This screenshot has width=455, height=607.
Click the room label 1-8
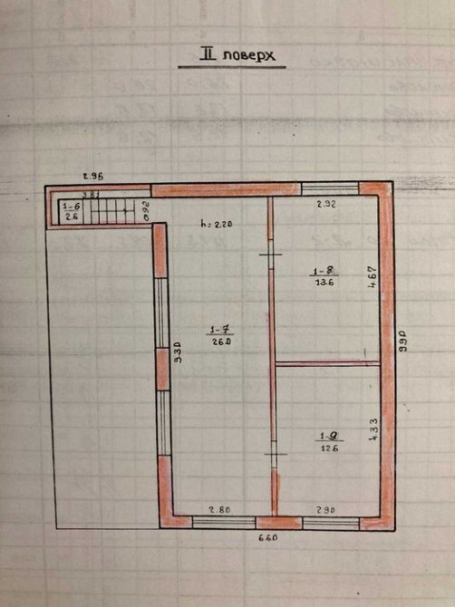[x=323, y=270]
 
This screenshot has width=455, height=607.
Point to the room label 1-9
[x=324, y=435]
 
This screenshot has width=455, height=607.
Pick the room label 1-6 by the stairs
[x=71, y=207]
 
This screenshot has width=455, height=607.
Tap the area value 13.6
[x=323, y=282]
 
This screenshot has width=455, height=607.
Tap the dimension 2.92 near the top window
[x=326, y=206]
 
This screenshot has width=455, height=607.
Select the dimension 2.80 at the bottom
[x=221, y=509]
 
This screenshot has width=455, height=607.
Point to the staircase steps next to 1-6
[x=113, y=211]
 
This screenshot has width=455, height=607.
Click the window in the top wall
[x=330, y=189]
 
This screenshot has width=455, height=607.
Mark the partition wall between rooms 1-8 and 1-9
[x=326, y=364]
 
